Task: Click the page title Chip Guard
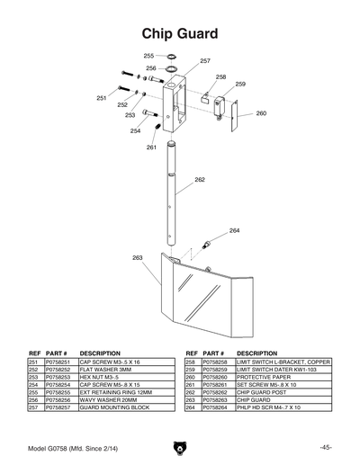pos(180,33)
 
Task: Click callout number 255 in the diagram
pos(148,56)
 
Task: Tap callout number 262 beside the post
pos(199,180)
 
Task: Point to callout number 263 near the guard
pos(137,257)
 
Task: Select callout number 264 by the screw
pos(234,231)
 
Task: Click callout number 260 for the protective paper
pos(261,114)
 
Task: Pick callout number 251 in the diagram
pos(102,97)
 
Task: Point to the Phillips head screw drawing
pos(208,243)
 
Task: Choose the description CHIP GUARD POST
pos(263,392)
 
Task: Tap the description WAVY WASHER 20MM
pos(111,400)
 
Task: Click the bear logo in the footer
pos(180,447)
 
